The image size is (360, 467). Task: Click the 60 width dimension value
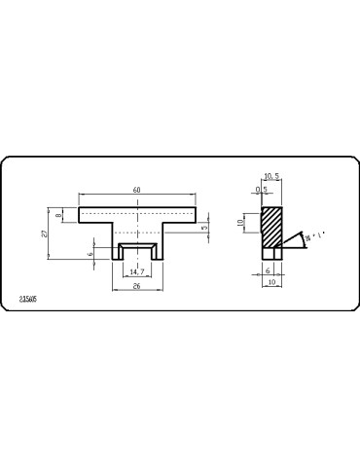(x=137, y=190)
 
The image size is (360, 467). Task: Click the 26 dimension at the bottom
(x=137, y=288)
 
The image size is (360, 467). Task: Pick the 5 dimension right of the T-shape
(x=205, y=228)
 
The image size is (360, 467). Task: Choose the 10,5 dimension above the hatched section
(x=273, y=177)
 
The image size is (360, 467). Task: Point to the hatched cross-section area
(x=271, y=225)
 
